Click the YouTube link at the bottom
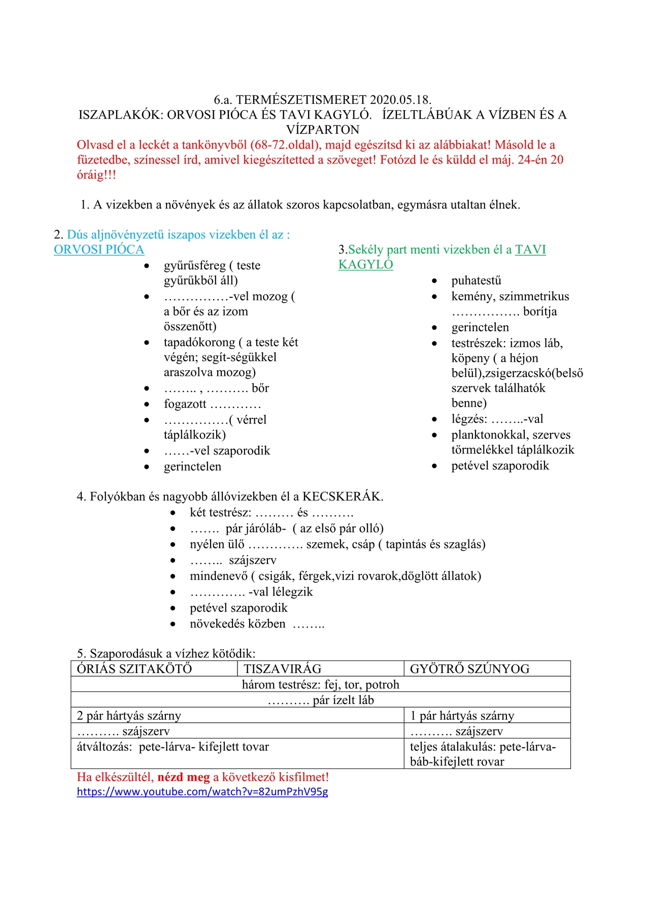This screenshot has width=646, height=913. coord(202,792)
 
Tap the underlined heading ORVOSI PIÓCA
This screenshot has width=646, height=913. coord(99,250)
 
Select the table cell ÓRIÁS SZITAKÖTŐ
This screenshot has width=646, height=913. coord(134,669)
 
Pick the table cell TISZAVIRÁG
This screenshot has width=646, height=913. coord(282,669)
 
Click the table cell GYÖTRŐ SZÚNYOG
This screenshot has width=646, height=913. coord(469,669)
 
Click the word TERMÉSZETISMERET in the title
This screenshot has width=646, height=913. coord(301,100)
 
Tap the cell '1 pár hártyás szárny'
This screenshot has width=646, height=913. coord(462,716)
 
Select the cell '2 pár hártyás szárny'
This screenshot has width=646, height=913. coord(129,716)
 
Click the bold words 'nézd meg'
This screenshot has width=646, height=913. coord(183,777)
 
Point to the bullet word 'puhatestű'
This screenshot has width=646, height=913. coord(476,280)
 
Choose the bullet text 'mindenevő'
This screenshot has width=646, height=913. coord(219,576)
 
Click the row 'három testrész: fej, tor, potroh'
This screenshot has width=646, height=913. coord(320,685)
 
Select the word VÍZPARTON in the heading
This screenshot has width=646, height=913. coord(323,130)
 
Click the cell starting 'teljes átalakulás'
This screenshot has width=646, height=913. coord(483,754)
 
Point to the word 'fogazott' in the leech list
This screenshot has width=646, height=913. coord(185,404)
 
